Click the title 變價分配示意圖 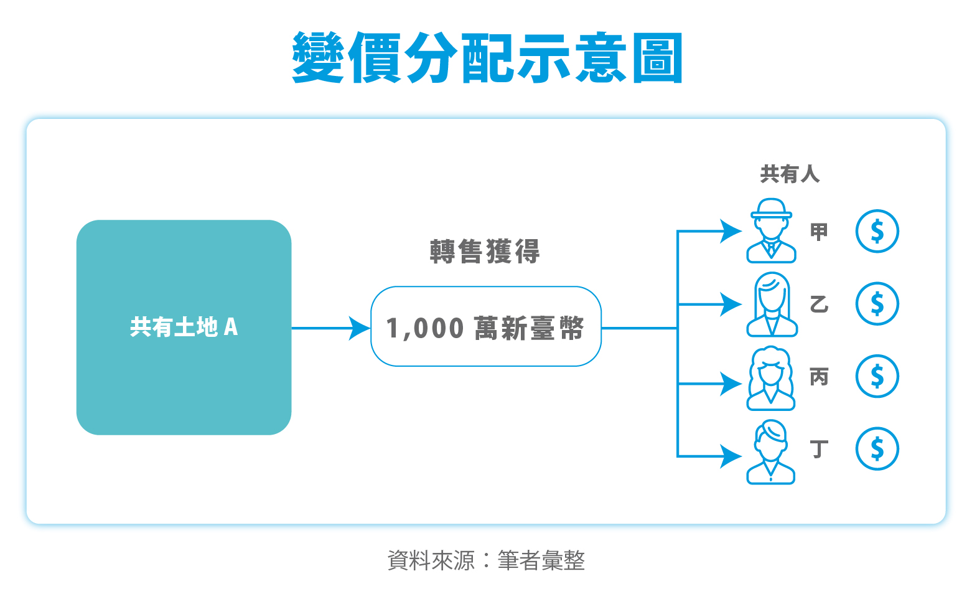(487, 58)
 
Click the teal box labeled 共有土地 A (184, 327)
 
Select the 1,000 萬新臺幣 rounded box (485, 327)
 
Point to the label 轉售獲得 (485, 252)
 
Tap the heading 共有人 (790, 174)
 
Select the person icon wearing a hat (772, 231)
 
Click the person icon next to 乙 (772, 304)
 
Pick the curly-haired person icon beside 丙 (772, 378)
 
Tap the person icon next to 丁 (772, 451)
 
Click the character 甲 (819, 232)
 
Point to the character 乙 (819, 304)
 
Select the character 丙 (819, 377)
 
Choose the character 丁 (819, 449)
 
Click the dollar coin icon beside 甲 (877, 231)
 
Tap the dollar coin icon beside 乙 (877, 304)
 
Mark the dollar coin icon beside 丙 (877, 376)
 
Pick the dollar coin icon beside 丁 (877, 448)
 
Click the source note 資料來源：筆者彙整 (486, 560)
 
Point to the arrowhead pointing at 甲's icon (730, 231)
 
